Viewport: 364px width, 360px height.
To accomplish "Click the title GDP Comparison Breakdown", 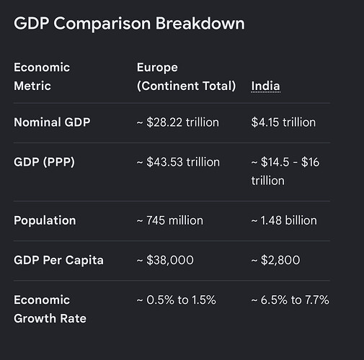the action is pos(129,24).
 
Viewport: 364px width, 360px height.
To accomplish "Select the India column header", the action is pos(266,86).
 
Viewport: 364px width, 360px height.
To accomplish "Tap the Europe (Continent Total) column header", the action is pos(187,76).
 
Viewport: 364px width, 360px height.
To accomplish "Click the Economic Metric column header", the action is pos(42,76).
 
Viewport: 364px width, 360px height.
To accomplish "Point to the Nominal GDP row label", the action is pos(52,122).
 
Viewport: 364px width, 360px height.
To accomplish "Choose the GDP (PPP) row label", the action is pos(44,162).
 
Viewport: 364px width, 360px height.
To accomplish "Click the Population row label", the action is pos(45,220).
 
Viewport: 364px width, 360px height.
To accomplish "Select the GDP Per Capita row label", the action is pos(58,260).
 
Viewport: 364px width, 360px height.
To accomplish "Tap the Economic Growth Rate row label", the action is pos(50,309).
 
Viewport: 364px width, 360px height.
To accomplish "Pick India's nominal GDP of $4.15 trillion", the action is pos(283,122).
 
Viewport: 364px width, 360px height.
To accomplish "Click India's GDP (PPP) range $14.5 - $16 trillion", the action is pos(285,171).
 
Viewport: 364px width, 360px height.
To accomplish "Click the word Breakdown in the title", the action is pos(200,23).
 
